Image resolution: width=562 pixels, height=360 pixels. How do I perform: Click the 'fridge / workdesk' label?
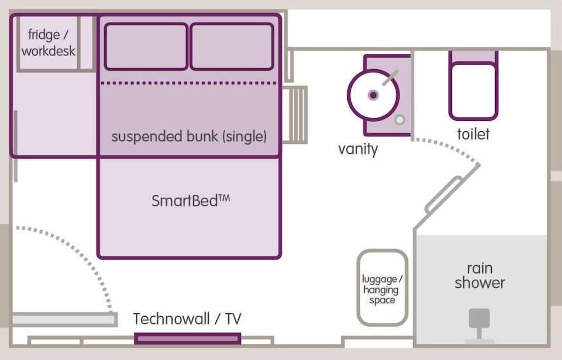coord(48,43)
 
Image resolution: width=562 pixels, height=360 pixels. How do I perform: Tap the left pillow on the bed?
coord(146,46)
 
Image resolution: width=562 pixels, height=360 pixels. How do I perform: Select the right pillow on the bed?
coord(232,46)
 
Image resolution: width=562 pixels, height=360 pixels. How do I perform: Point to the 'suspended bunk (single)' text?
coord(189,136)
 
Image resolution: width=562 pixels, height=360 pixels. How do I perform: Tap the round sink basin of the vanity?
coord(373,95)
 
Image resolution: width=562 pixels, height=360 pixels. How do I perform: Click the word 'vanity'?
coord(358,149)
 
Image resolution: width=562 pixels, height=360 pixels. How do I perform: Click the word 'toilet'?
coord(473,134)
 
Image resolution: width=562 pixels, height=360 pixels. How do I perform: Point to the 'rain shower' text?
coord(480,275)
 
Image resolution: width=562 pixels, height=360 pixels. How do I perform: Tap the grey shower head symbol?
coord(479,321)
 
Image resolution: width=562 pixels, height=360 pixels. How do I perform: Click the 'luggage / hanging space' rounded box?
coord(382,288)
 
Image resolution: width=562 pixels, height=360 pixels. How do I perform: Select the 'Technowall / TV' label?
coord(187,319)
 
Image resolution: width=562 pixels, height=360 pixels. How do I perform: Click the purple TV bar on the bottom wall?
coord(188,339)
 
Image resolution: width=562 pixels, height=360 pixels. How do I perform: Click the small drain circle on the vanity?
coord(400,120)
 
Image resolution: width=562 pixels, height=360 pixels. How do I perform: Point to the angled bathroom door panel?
coord(444,194)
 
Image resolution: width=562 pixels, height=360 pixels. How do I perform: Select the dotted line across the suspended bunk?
coord(189,83)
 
